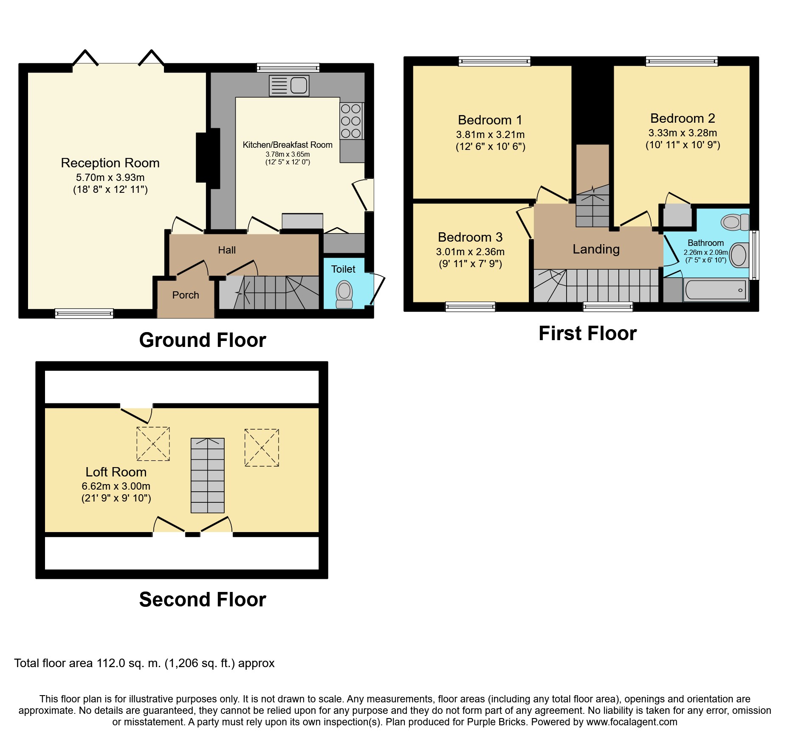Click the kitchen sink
pos(289,85)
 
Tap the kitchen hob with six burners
pos(351,121)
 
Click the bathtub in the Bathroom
pos(716,290)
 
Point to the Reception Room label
pos(110,163)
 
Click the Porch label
pos(186,295)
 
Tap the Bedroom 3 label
pos(470,237)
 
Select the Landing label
pos(596,249)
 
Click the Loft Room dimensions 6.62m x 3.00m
pos(116,486)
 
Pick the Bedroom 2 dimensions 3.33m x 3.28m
pos(683,132)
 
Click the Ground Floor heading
pos(203,340)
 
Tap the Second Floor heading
pos(203,599)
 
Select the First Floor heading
pos(587,333)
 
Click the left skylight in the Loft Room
pos(153,444)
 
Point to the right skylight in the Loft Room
pos(262,448)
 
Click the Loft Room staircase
pos(208,476)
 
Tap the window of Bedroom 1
pos(494,61)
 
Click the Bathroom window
pos(754,255)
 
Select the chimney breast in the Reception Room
pos(208,158)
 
